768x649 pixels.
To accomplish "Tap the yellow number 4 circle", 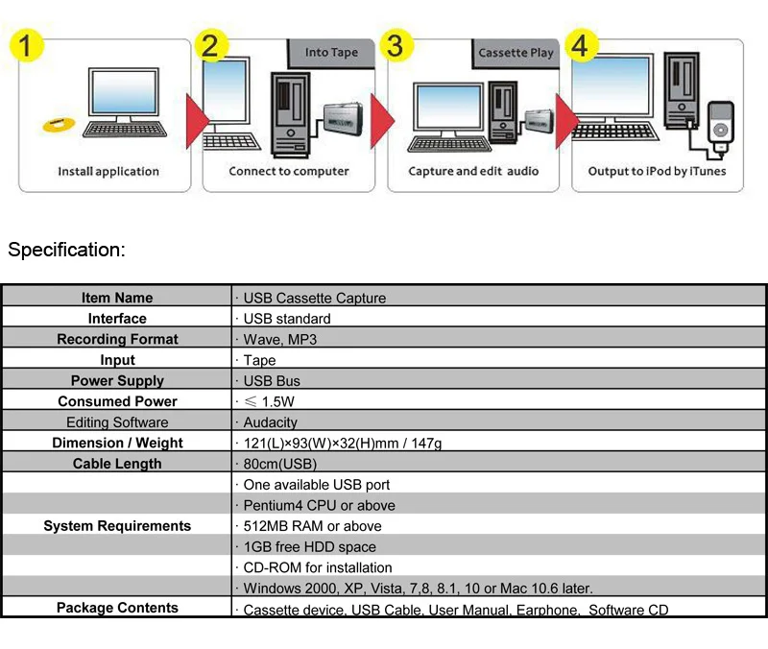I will coord(584,46).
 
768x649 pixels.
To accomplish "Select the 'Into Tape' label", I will coord(331,53).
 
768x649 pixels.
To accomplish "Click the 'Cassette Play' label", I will coord(516,53).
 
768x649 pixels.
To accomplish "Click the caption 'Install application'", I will coord(108,172).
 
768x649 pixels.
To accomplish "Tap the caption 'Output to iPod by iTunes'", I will coord(657,172).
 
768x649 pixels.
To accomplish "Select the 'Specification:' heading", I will coord(67,251).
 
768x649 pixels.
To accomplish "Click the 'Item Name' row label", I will coord(117,298).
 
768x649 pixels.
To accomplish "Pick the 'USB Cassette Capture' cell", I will coord(314,298).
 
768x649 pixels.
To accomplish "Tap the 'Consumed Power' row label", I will coord(117,401).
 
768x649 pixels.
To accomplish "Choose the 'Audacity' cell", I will coord(270,422).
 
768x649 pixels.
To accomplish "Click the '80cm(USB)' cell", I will coord(279,464).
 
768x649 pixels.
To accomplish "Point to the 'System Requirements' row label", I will coord(117,526).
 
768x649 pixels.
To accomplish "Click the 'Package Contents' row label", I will coord(117,608).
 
